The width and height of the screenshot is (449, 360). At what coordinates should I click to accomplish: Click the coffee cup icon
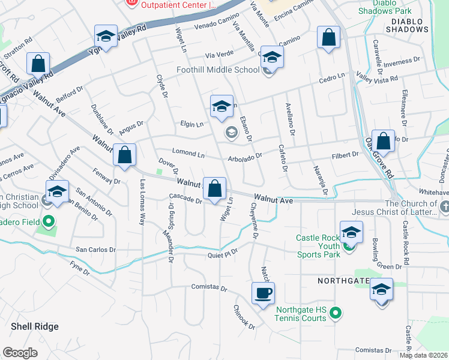point(263,294)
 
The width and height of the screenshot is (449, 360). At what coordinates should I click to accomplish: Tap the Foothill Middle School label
point(218,70)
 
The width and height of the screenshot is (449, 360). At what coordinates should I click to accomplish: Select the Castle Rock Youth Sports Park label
point(318,246)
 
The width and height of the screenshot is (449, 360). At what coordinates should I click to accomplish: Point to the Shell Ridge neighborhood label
point(35,326)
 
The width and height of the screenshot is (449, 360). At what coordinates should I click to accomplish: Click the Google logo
point(20,353)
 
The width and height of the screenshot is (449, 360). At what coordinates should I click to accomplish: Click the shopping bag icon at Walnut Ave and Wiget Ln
point(214,189)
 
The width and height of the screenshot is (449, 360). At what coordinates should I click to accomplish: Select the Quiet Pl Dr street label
point(223,253)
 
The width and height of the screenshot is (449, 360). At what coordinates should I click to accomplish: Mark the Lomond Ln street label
point(188,154)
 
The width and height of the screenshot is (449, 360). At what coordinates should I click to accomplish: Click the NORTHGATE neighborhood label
point(341,280)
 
